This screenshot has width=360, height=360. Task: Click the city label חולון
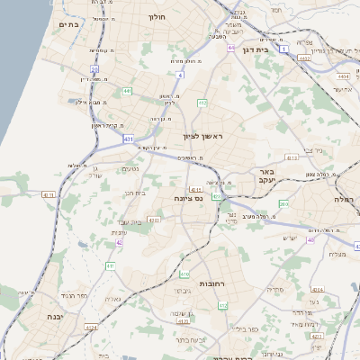(157, 16)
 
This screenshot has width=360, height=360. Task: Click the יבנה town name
(52, 318)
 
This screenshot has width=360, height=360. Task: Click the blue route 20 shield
(94, 67)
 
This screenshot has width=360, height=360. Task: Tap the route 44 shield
(231, 48)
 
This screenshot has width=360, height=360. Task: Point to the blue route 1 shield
(283, 49)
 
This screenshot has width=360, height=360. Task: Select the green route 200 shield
(283, 204)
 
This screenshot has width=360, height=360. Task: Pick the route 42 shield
(119, 242)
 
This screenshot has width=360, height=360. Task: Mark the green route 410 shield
(184, 274)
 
